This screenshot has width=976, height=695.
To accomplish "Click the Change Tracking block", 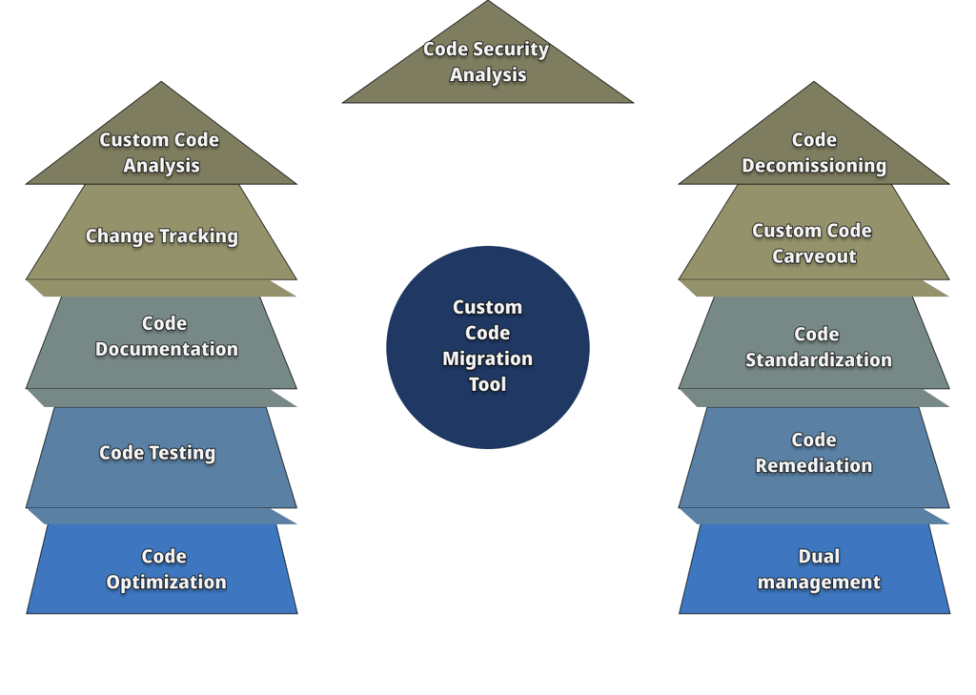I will pos(161,235).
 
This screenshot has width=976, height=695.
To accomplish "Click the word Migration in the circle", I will pos(487,358).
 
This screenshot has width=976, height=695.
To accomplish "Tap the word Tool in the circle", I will pos(487,384).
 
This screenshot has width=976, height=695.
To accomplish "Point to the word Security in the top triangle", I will pos(511,49).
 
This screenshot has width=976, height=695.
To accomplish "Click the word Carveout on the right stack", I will pos(814,256).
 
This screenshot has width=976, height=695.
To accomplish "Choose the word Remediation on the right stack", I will pos(814,465).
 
